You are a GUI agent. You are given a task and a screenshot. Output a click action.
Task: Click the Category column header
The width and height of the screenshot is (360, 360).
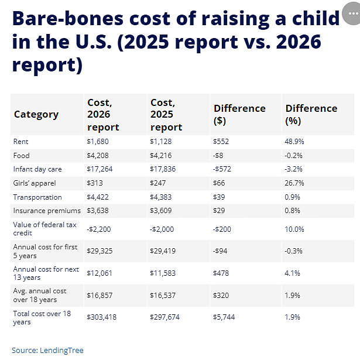pos(36,114)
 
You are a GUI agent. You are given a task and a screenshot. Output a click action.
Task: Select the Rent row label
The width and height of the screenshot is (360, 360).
pos(20,142)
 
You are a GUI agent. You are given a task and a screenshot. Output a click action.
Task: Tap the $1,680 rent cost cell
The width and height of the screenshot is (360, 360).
pos(98,142)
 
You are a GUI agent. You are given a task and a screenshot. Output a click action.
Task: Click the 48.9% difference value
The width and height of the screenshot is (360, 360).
pos(294,142)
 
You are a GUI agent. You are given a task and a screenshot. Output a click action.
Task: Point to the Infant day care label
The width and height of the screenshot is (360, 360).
pos(37,169)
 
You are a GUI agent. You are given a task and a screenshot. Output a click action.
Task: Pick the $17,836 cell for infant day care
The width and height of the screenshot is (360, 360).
pos(163,169)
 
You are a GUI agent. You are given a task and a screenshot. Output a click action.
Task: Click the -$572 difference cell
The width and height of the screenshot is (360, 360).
pos(222,169)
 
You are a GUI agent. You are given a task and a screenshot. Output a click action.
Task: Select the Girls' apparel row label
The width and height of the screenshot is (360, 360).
pos(35,183)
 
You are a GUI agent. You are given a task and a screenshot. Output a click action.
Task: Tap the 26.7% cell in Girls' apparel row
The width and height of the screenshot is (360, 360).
pos(294,183)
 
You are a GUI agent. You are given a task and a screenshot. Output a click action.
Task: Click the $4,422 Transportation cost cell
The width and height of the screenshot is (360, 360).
pos(98,197)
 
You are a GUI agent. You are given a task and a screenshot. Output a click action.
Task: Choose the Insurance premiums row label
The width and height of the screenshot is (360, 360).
pos(47,211)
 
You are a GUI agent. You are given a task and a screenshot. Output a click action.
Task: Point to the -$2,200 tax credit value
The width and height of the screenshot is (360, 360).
pos(99,229)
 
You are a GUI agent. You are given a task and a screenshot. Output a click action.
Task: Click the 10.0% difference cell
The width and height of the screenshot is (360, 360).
pos(294,229)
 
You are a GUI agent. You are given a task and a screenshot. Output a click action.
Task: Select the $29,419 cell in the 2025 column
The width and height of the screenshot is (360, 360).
pos(163,251)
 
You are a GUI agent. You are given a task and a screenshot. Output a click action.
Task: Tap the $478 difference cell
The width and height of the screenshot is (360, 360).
pos(221,273)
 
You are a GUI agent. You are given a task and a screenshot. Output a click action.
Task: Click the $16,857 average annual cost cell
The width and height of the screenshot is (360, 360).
pos(100,295)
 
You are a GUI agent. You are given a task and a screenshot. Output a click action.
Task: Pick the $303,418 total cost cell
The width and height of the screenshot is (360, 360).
pos(102,317)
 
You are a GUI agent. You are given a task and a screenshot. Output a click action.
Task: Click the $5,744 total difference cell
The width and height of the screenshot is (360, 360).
pos(224,317)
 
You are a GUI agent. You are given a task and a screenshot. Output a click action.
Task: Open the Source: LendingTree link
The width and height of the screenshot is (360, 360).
pos(47,351)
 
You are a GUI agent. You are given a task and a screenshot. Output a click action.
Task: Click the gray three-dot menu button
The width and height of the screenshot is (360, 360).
pos(352,13)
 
